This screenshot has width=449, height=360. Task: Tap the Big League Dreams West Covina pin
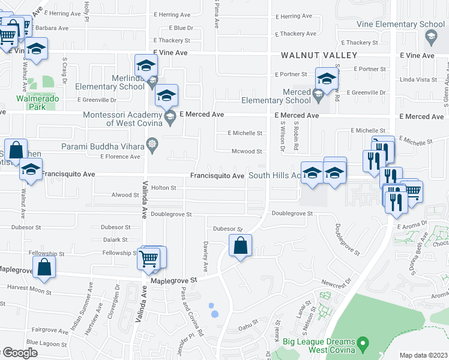362,344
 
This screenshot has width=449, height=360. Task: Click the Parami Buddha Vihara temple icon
151,145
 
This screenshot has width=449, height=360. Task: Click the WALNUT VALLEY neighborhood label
319,55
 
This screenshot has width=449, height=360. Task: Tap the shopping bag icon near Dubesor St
240,245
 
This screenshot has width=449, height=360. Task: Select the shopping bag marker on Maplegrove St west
44,267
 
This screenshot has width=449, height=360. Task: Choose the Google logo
19,353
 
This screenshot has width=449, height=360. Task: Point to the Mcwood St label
247,152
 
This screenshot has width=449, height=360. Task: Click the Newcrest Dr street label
335,281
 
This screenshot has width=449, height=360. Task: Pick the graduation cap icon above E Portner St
327,79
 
